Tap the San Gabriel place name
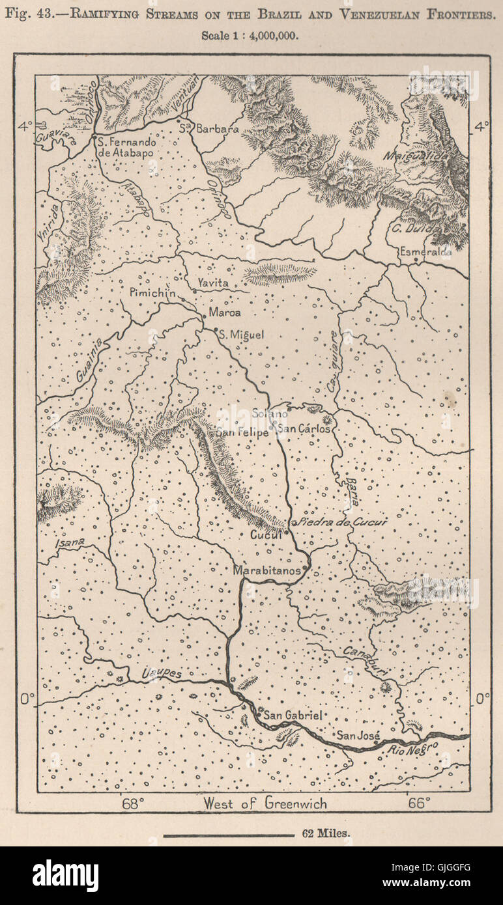[294, 715]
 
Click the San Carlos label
[304, 428]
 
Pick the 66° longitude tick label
[418, 803]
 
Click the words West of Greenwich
[265, 803]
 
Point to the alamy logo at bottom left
[65, 876]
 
